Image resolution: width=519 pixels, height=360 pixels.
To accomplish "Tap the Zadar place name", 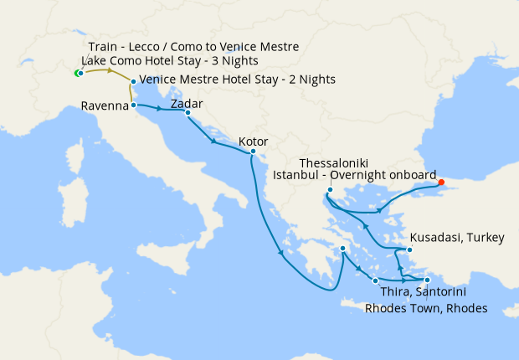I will tap(186, 104).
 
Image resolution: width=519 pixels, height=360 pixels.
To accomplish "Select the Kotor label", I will tap(254, 141).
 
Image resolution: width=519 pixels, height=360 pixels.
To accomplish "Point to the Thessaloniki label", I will tap(333, 162).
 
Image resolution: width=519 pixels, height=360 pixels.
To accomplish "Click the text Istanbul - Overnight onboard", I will tap(355, 175).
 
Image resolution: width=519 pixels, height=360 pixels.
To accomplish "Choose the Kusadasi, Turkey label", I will tap(457, 239).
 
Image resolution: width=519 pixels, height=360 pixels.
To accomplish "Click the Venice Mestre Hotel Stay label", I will tap(237, 80).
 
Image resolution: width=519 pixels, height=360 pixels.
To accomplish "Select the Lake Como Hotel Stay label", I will tap(169, 61).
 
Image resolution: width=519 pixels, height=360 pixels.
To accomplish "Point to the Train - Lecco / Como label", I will tap(193, 46).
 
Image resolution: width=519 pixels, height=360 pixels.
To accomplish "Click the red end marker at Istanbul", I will tap(441, 182).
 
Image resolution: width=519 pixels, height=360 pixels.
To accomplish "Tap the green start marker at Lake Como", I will tap(77, 74).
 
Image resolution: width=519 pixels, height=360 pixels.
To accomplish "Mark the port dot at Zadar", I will tap(188, 113).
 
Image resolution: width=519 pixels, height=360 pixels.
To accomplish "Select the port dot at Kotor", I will tap(254, 152).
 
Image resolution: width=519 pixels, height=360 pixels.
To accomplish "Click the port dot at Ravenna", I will tap(134, 105).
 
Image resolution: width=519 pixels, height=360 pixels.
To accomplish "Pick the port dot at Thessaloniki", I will tap(330, 190).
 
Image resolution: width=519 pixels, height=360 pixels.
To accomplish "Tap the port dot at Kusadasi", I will tap(409, 249).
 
